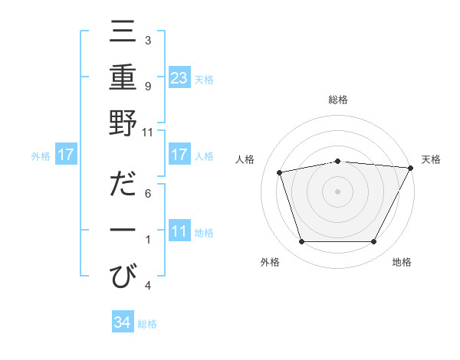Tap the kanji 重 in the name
point(123,78)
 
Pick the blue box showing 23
point(179,78)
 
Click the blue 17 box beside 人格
point(179,155)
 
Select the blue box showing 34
point(122,323)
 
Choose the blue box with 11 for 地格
point(179,232)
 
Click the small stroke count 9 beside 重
point(147,86)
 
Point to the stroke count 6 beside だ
point(147,192)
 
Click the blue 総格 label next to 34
point(147,324)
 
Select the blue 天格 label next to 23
point(204,79)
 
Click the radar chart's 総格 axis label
point(337,100)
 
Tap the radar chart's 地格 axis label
point(402,263)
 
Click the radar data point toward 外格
point(301,242)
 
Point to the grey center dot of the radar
point(337,191)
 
